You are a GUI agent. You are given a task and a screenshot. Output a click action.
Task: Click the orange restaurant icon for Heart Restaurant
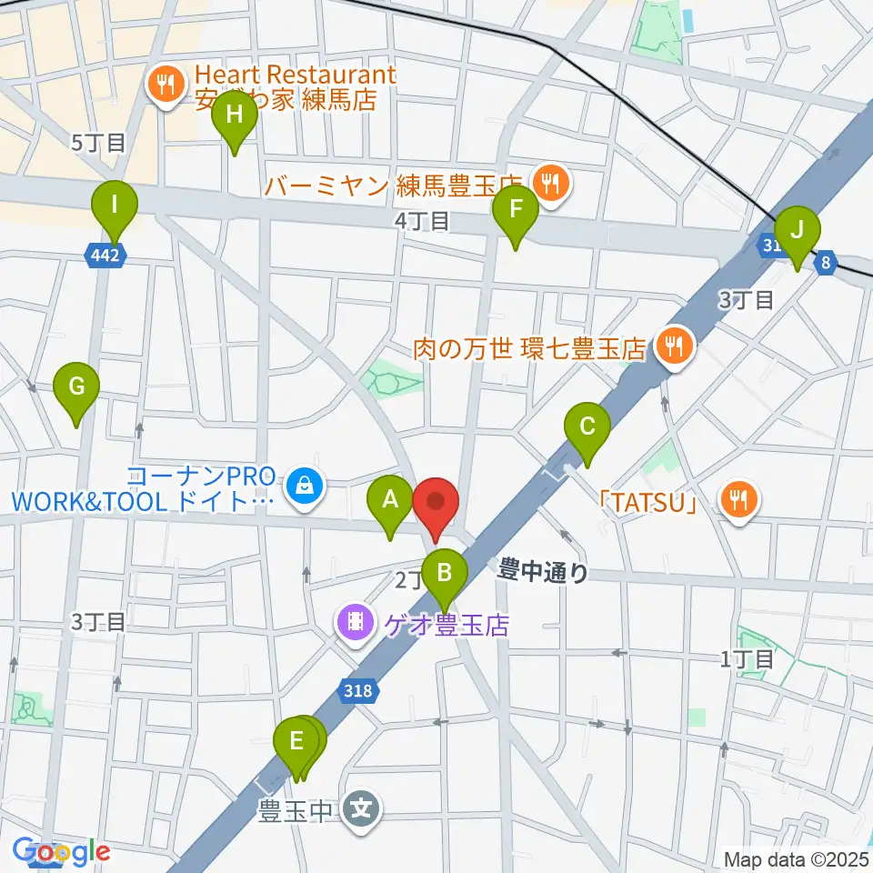[x=165, y=86]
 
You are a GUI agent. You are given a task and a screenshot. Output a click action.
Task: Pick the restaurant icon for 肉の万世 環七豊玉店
[x=673, y=346]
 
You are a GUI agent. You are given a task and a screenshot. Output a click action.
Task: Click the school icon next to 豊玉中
[x=363, y=808]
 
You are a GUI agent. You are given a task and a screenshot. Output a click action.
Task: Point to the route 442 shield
[x=105, y=256]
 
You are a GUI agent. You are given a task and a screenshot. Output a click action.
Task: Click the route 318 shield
[x=358, y=691]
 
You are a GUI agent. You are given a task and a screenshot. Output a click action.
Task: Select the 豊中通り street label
[x=543, y=572]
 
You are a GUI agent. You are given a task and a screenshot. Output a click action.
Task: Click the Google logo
[x=62, y=851]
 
